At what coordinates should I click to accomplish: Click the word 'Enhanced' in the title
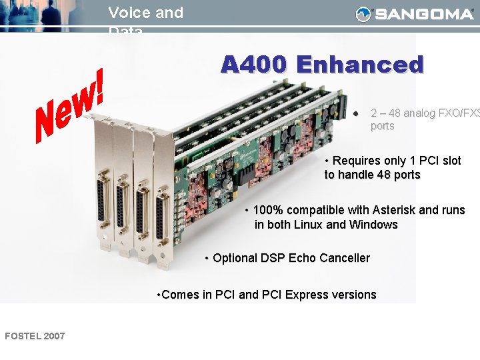click(x=360, y=65)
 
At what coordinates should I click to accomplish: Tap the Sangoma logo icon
click(x=363, y=14)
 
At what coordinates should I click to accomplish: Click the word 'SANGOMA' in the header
click(x=423, y=14)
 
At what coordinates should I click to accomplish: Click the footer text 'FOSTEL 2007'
click(x=35, y=336)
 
